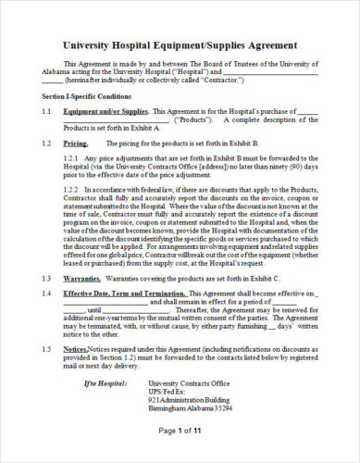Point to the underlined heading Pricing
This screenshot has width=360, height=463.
point(76,144)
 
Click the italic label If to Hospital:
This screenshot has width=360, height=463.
point(104,382)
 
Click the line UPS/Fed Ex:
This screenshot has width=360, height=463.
point(168,391)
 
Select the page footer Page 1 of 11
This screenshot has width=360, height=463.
point(180,432)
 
